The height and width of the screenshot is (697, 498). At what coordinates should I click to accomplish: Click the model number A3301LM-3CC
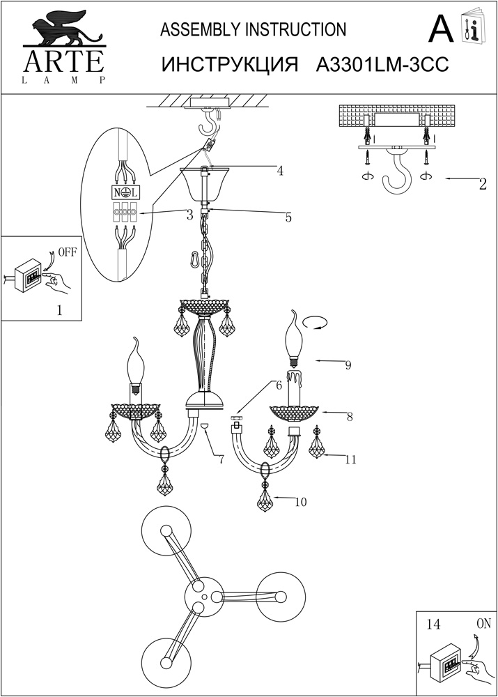pos(381,64)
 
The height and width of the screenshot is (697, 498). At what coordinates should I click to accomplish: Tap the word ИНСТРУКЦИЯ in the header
pos(229,64)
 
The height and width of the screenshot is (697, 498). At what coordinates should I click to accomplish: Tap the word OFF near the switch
pos(67,252)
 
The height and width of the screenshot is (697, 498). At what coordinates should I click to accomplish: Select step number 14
pos(433,625)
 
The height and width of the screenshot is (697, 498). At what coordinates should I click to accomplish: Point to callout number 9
pos(348,365)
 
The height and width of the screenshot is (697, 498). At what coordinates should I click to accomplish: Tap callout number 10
pos(302,501)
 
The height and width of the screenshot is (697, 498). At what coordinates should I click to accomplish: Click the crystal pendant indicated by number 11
pos(317,445)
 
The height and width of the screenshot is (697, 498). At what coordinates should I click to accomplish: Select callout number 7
pos(220,460)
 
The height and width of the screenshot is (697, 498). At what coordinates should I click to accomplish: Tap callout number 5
pos(288,217)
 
